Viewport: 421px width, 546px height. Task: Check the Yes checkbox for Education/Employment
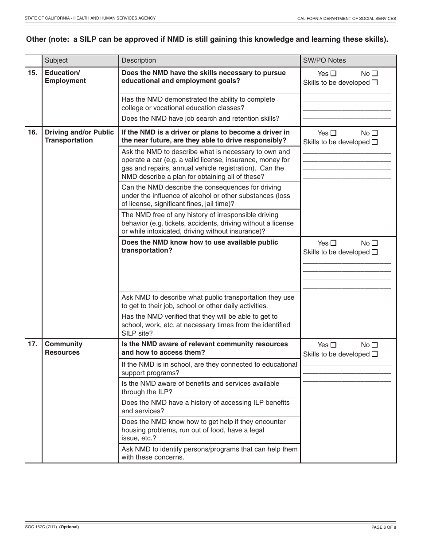[334, 74]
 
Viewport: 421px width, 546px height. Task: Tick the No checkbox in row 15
[375, 74]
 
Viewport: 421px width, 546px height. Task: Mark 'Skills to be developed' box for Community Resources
[375, 354]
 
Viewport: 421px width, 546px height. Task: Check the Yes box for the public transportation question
[334, 243]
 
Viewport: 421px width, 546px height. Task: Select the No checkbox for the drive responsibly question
[375, 133]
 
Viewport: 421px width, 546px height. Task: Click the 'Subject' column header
[56, 60]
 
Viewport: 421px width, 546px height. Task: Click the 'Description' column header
[139, 60]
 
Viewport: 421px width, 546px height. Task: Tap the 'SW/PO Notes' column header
[324, 60]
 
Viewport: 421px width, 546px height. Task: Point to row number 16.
[33, 132]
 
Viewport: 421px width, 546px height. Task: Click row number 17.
[33, 344]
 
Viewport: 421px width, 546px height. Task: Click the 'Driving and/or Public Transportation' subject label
[79, 136]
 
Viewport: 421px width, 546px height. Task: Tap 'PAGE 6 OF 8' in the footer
[383, 527]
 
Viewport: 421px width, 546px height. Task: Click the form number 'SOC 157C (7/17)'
[41, 527]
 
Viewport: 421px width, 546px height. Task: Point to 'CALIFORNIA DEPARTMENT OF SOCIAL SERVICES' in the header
[347, 19]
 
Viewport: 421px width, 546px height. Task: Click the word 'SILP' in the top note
[87, 39]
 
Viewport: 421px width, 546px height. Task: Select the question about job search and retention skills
[200, 119]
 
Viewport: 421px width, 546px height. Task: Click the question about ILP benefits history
[206, 407]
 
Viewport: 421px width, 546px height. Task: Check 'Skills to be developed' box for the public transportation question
[375, 252]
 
